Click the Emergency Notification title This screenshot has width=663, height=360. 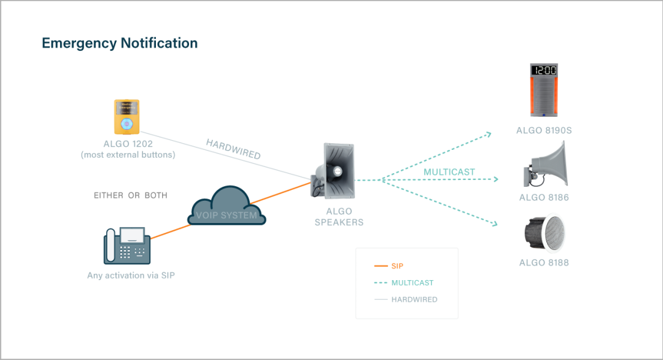pos(120,44)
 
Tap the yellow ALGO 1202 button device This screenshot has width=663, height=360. pos(126,117)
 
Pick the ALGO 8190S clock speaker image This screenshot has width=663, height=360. pos(544,90)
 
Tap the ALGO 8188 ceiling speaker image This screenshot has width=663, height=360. pos(544,233)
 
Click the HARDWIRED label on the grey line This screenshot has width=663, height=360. pos(233,149)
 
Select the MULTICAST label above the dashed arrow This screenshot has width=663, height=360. pos(449,172)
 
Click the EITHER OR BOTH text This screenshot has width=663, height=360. pos(131,195)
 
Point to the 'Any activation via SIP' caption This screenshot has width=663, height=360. pos(131,275)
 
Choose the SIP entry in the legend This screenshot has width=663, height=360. pos(397,266)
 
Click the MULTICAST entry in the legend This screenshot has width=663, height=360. pos(412,283)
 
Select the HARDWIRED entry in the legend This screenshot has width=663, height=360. pos(414,299)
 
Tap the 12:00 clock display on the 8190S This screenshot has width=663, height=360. pos(544,70)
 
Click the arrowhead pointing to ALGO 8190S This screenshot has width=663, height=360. pos(489,133)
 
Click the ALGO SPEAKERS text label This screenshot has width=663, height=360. pos(339,216)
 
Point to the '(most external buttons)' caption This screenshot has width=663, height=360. pos(128,155)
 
